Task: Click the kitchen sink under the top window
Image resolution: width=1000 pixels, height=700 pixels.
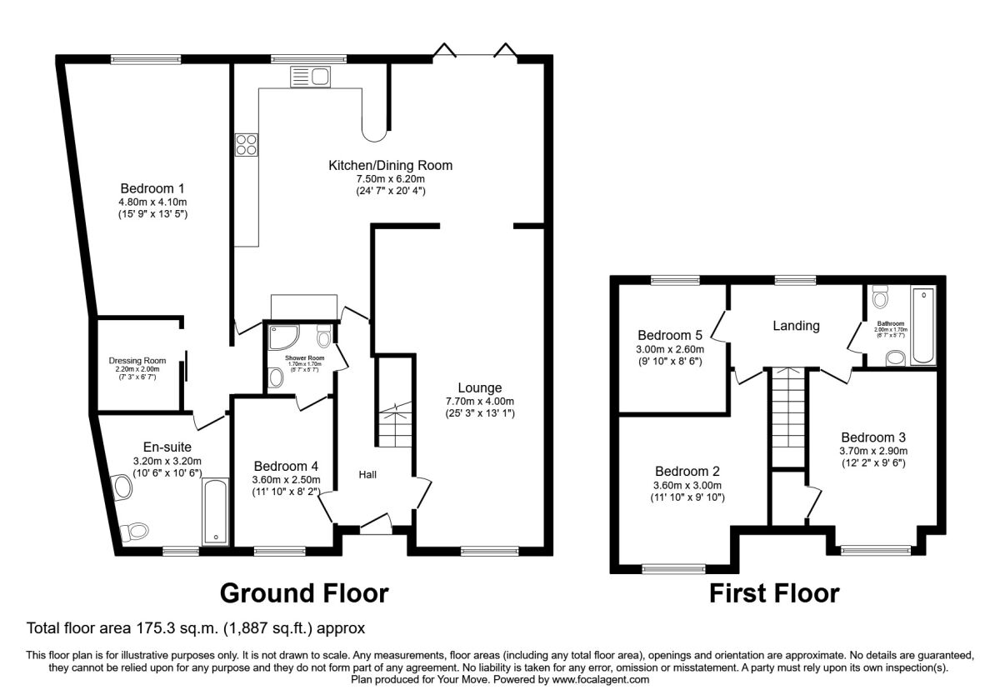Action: tap(311, 77)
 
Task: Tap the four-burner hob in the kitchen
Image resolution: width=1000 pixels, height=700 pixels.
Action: tap(247, 145)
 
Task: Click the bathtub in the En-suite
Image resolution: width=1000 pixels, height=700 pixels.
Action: tap(215, 512)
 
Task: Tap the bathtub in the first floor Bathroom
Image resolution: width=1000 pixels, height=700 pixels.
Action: tap(923, 326)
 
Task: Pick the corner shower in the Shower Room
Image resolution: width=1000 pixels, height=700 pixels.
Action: tap(281, 337)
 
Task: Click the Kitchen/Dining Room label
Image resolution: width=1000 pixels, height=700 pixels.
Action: tap(391, 165)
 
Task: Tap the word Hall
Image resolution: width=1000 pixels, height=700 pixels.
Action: tap(367, 474)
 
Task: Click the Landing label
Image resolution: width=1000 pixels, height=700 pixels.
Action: tap(796, 326)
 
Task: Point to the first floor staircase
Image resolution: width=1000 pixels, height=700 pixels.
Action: tap(787, 417)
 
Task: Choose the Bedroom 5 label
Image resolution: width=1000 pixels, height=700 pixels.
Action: tap(669, 335)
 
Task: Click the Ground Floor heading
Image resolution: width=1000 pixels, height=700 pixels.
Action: tap(303, 593)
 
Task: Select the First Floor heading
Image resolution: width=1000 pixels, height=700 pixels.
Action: tap(774, 593)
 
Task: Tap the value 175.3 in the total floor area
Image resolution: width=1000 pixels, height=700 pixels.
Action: tap(147, 627)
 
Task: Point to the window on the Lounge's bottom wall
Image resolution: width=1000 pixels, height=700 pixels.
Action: tap(487, 550)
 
